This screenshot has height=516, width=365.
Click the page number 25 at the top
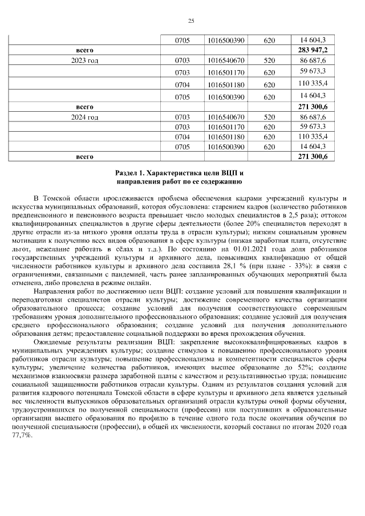191,21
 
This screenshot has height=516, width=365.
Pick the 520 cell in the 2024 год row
269,117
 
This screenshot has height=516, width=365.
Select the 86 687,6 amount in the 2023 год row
312,60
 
